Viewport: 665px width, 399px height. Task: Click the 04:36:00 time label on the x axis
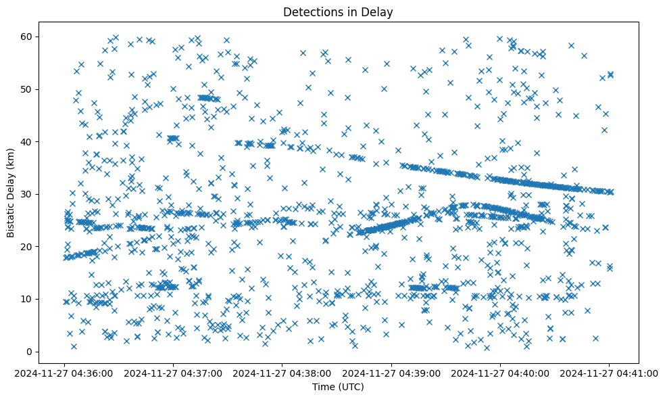coord(65,373)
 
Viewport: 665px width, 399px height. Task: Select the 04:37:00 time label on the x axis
coord(174,373)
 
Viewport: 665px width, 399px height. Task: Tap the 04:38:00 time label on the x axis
coord(282,373)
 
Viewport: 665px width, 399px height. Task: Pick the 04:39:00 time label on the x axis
coord(391,373)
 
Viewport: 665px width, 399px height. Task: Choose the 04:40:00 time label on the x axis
coord(500,373)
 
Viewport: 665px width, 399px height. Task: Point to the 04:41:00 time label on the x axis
coord(609,373)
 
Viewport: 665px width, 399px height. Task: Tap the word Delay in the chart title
coord(379,12)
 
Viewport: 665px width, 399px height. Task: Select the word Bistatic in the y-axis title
coord(11,218)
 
